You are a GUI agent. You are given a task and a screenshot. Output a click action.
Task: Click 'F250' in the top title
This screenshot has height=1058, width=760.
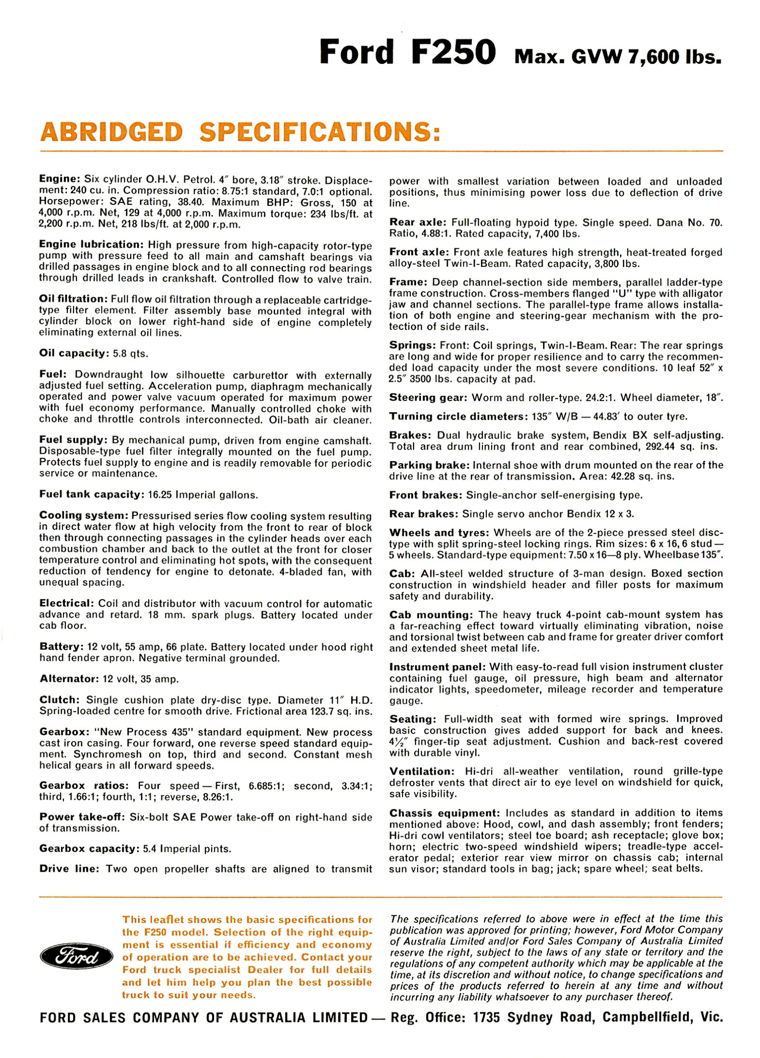click(x=453, y=52)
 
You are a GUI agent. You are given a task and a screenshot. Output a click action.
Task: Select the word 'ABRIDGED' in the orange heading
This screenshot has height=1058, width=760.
click(x=112, y=132)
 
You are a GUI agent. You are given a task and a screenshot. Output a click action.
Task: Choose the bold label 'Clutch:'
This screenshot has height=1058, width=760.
click(x=60, y=700)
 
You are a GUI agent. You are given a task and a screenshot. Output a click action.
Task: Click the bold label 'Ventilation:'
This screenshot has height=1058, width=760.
click(x=421, y=771)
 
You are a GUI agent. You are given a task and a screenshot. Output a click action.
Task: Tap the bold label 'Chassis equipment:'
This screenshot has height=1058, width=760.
click(x=444, y=813)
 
